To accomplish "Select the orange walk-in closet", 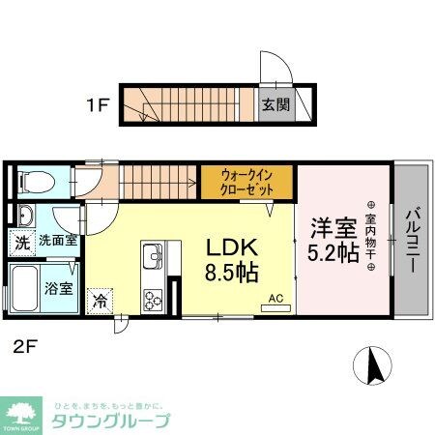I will [x=247, y=181].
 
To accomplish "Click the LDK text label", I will [x=233, y=246].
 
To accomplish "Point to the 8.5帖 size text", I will [x=233, y=273].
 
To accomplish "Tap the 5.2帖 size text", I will [x=333, y=254].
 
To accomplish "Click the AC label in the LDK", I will [x=275, y=299].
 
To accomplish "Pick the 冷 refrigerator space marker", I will [x=100, y=301].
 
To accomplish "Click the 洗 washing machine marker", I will [x=19, y=242].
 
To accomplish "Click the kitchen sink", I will [x=153, y=258].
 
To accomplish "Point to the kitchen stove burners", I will [x=153, y=299].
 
